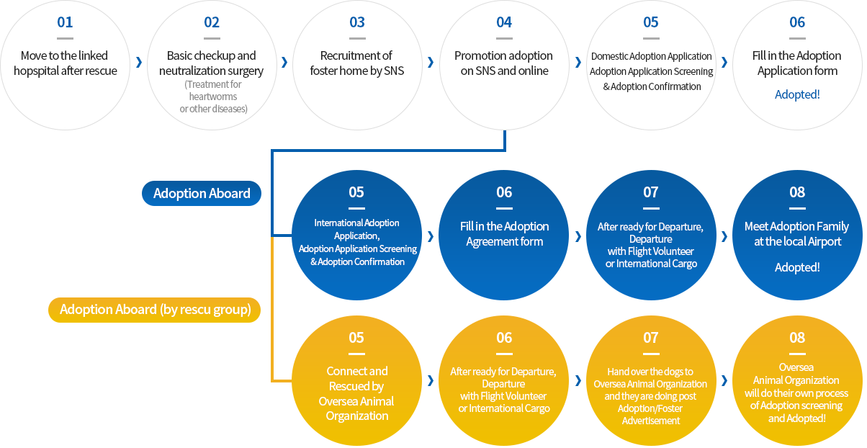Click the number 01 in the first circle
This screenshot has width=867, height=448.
(65, 22)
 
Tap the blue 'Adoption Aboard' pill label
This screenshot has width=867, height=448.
(202, 193)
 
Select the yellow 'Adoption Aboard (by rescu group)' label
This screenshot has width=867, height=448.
(154, 310)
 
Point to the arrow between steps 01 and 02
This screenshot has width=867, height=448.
(139, 62)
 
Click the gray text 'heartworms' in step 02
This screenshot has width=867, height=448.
(213, 97)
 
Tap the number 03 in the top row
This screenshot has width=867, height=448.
(357, 22)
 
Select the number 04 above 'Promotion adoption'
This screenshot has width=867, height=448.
(504, 22)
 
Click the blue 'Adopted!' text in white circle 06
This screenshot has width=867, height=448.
(797, 94)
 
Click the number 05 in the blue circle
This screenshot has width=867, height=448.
(356, 192)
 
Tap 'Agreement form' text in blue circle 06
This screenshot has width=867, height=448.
(504, 241)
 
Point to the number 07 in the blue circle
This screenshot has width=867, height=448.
(651, 192)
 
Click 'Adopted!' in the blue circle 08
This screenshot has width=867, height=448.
(797, 267)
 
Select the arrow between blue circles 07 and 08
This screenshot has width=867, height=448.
(724, 236)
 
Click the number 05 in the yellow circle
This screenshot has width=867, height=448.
(356, 338)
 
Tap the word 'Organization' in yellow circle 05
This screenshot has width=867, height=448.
(357, 416)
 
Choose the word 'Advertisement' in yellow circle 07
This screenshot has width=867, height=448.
(651, 421)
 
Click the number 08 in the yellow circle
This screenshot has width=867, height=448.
(797, 338)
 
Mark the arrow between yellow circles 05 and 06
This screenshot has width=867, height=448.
(431, 380)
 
